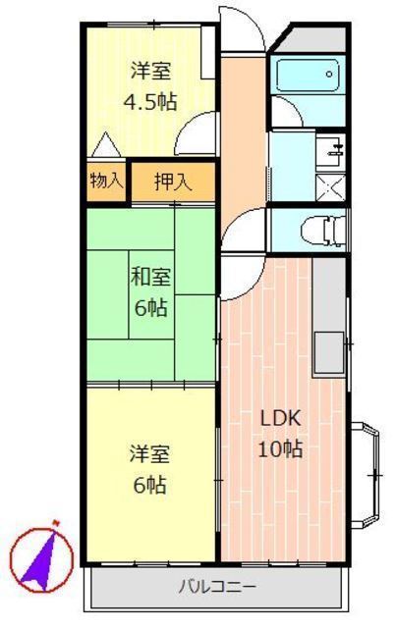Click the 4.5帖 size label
(x=150, y=102)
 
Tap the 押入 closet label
(x=173, y=183)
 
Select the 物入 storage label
(x=106, y=181)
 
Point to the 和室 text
(x=150, y=277)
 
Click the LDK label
(x=280, y=419)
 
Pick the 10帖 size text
(x=280, y=448)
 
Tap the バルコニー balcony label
(x=217, y=587)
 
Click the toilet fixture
(x=322, y=232)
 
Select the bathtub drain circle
(x=329, y=75)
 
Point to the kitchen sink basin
(x=328, y=352)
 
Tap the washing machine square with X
(x=330, y=187)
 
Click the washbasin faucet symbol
(x=336, y=149)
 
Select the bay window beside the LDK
(x=365, y=475)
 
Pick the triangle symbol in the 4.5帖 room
(x=106, y=144)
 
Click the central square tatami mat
(x=151, y=294)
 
